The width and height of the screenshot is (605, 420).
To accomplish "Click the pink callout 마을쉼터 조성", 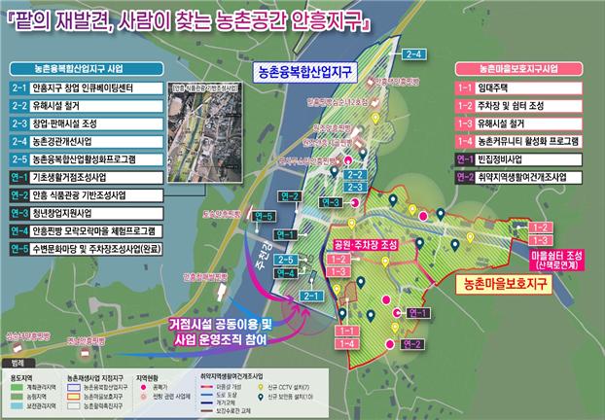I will point(555,256).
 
